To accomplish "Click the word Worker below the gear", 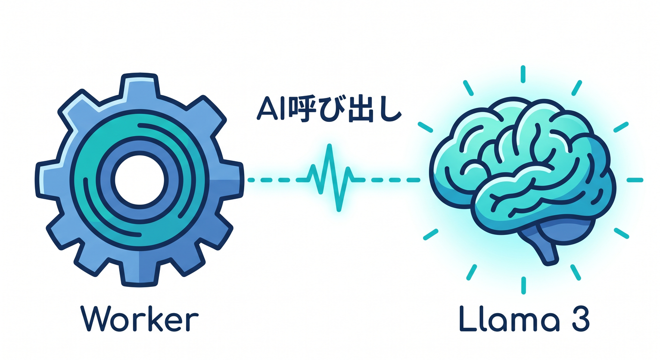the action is pyautogui.click(x=140, y=319).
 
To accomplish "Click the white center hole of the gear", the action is pyautogui.click(x=139, y=180).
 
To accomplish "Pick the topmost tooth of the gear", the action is pyautogui.click(x=139, y=86).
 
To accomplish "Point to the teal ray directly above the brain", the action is pyautogui.click(x=523, y=74).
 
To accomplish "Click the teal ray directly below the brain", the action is pyautogui.click(x=523, y=285).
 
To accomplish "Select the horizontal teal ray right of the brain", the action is pyautogui.click(x=635, y=180).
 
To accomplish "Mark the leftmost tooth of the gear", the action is pyautogui.click(x=47, y=180).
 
